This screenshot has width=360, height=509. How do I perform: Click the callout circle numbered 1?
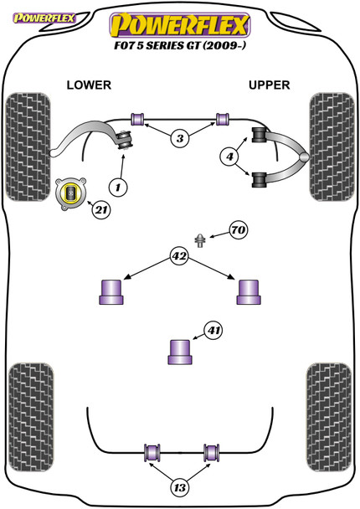click(x=118, y=187)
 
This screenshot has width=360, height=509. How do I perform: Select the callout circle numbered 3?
click(x=180, y=139)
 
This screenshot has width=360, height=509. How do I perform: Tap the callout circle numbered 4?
click(x=229, y=157)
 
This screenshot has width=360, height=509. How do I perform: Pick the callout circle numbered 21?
click(x=101, y=210)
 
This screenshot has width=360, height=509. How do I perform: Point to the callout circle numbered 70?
click(x=239, y=230)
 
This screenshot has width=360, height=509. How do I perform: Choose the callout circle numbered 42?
click(x=179, y=256)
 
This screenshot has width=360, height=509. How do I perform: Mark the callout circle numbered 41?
click(x=213, y=331)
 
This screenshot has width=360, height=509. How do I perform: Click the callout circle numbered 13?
click(x=179, y=487)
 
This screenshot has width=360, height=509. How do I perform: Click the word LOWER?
click(x=89, y=85)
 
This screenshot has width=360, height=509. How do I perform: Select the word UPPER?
click(x=269, y=85)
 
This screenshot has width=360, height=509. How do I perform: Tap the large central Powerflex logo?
click(x=180, y=25)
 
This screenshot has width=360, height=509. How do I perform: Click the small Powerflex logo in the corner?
click(x=44, y=18)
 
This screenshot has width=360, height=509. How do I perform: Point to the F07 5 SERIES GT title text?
click(x=180, y=45)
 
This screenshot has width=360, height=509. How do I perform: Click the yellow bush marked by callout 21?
click(x=71, y=194)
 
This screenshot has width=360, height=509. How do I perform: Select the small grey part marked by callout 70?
click(x=200, y=240)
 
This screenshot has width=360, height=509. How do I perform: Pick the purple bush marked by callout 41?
click(x=180, y=352)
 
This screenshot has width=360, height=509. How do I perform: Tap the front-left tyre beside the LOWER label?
click(x=28, y=147)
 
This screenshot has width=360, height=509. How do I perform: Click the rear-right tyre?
click(x=329, y=418)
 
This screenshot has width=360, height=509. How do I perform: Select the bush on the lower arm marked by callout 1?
click(x=125, y=140)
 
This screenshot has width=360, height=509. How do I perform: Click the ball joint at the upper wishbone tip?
click(x=305, y=157)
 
